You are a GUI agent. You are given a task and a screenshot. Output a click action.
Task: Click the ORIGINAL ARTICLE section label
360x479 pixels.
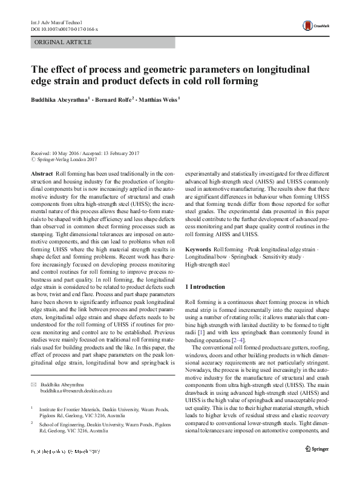click(64, 43)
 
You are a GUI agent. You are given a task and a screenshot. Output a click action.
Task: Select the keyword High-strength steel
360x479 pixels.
click(207, 265)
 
